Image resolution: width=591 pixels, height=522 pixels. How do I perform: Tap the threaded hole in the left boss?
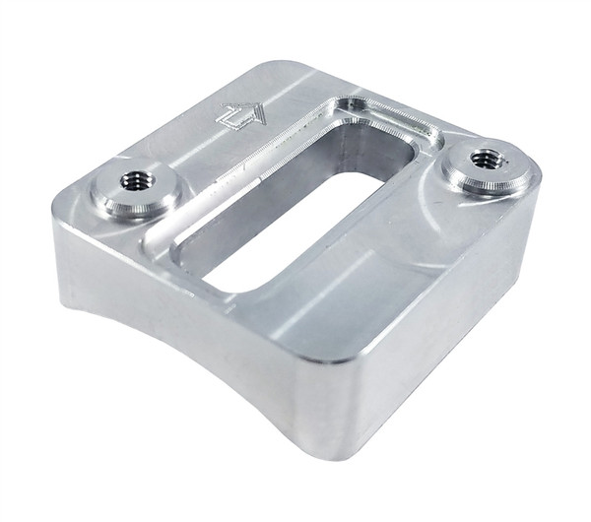134,180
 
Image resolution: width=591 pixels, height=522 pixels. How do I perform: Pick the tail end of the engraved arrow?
226,124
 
